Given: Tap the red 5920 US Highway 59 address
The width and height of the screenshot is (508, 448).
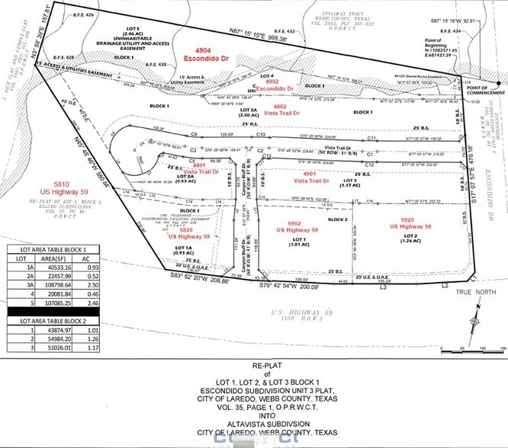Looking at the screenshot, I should [410, 224].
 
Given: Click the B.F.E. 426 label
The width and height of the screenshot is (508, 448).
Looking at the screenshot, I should [84, 14].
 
